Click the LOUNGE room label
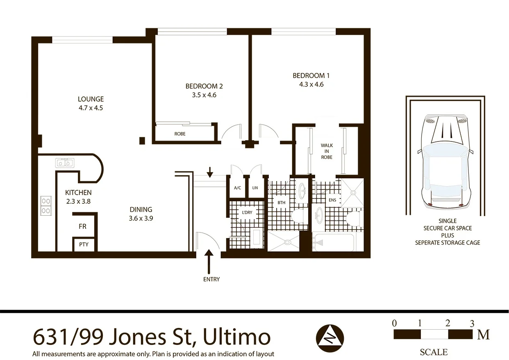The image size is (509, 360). [x=91, y=99]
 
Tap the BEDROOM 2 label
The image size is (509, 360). [x=204, y=86]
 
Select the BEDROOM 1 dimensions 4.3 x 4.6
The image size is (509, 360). [x=311, y=84]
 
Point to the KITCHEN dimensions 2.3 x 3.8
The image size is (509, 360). [x=78, y=201]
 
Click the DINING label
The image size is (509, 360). [x=141, y=209]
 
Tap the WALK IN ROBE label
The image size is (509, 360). [x=327, y=151]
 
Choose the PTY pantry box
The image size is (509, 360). [x=84, y=244]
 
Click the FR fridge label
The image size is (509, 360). [x=82, y=226]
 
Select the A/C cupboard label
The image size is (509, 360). [x=237, y=188]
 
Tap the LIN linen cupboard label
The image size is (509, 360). [x=255, y=188]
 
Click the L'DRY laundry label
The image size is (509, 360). [x=247, y=212]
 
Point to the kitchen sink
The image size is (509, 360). [x=64, y=163]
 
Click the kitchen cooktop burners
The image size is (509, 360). [x=46, y=206]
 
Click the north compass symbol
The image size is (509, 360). [x=330, y=338]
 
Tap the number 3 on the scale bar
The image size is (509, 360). [x=472, y=323]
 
